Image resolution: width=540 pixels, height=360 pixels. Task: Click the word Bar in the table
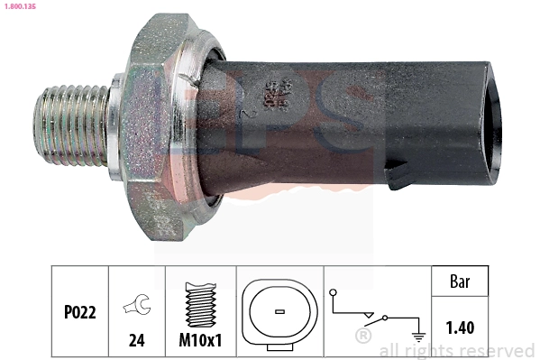coord(461,282)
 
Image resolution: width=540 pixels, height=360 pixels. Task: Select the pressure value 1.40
coord(461,328)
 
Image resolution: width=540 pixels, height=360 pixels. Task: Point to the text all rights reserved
coord(457,350)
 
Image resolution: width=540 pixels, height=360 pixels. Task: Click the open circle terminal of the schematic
coord(332,292)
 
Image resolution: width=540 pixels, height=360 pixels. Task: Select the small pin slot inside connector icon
coord(279,312)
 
